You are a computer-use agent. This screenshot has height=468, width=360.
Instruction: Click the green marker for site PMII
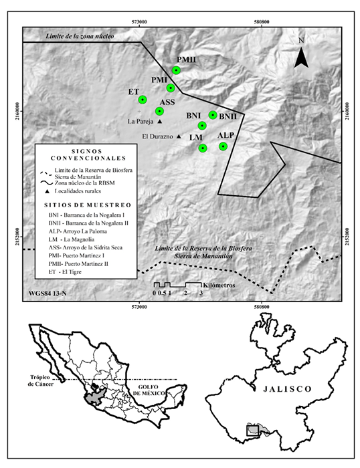point(177,70)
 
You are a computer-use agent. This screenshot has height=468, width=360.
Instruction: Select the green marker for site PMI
point(171,88)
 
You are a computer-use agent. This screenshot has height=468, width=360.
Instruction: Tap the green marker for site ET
point(143,100)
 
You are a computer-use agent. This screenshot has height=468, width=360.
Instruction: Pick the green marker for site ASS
point(159,111)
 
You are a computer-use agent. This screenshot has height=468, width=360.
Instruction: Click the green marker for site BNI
point(201,126)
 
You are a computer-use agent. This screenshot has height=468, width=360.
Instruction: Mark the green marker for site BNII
point(213,115)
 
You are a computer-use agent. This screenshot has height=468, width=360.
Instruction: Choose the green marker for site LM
point(203,148)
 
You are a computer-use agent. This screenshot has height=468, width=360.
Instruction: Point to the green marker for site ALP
point(223,146)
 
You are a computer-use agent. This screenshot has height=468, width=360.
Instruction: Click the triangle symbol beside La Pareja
point(161,122)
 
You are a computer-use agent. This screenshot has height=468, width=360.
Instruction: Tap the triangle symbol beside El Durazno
point(178,136)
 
